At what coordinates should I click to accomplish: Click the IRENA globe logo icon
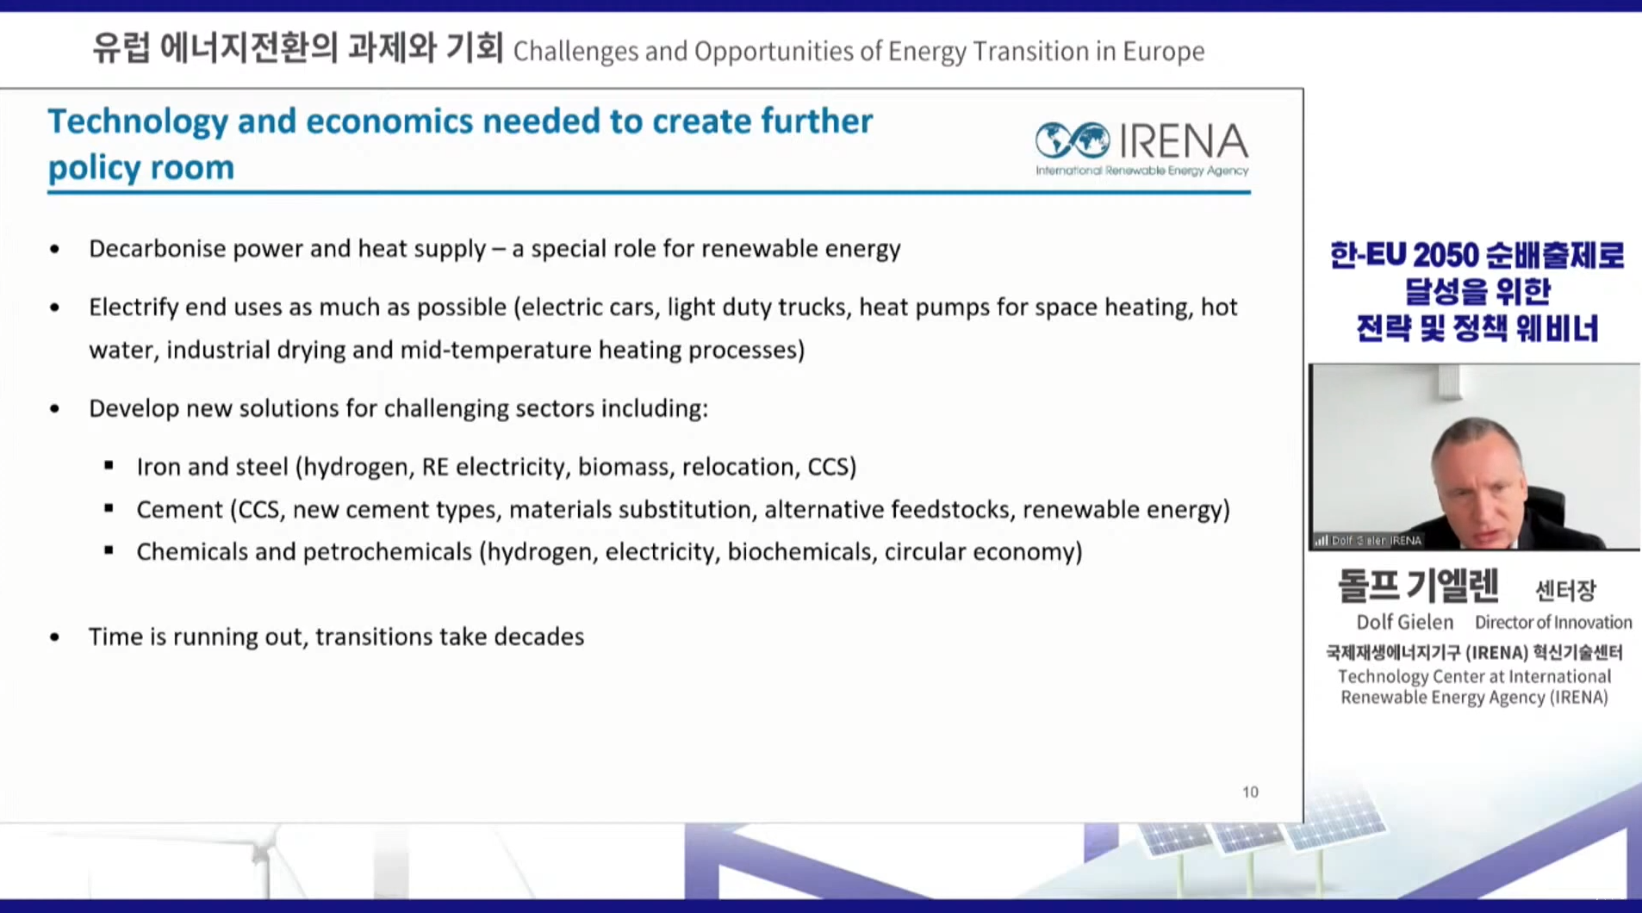coord(1073,140)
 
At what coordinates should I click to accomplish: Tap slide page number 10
coord(1250,792)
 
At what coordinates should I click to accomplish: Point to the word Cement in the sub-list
coord(179,509)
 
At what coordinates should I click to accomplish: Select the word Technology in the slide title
coord(138,122)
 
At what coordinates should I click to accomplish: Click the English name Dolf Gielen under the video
coord(1404,622)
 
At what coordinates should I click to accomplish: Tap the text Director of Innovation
coord(1553,622)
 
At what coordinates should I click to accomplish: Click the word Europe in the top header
coord(1163,52)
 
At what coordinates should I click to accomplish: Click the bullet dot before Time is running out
coord(55,637)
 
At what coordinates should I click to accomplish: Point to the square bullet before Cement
coord(109,508)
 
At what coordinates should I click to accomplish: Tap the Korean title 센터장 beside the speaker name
coord(1565,590)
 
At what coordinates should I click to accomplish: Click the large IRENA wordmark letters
coord(1183,140)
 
